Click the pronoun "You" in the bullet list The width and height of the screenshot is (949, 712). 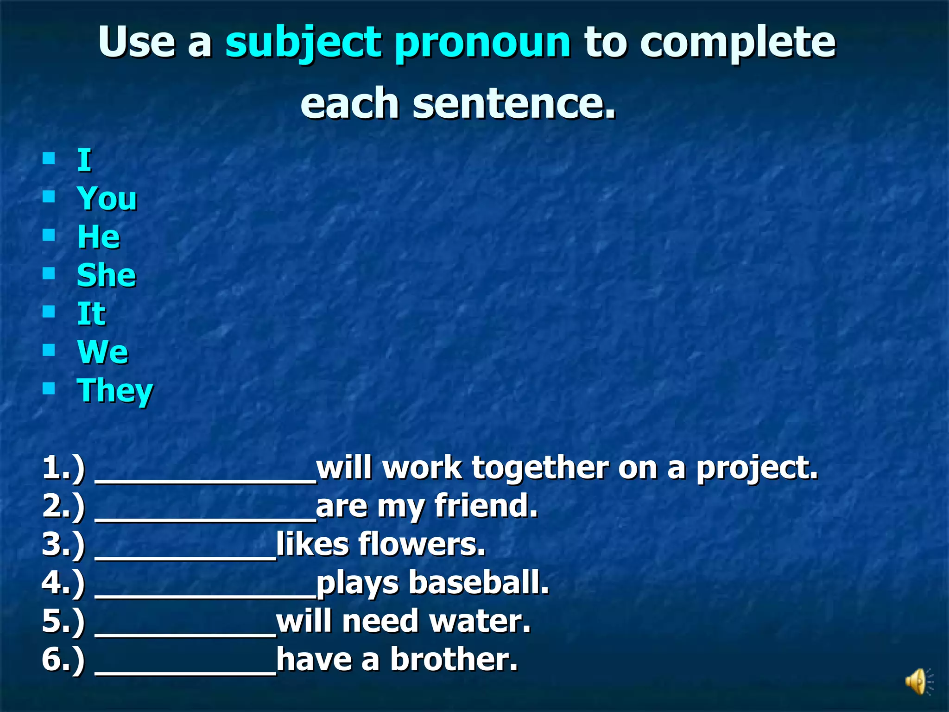pos(107,198)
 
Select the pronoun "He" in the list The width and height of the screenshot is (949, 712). pos(99,237)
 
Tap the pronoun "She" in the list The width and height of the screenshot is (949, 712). pos(107,275)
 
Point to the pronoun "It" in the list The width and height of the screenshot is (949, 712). pos(91,314)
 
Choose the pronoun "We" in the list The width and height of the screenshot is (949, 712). pos(103,352)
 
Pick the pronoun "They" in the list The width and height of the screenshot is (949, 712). pos(115,391)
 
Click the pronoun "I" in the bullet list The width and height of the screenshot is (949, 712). pos(84,160)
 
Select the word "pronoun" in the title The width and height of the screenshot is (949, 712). pos(482,43)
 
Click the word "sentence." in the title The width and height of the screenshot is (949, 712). pos(514,103)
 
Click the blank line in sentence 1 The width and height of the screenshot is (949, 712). pos(205,477)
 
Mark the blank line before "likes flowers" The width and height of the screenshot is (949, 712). pos(185,554)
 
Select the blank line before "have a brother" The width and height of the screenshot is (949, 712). pos(185,669)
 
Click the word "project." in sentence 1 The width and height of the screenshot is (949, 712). pos(757,468)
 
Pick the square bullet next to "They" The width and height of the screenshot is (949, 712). pos(49,388)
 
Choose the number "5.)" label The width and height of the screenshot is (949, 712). pos(63,621)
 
